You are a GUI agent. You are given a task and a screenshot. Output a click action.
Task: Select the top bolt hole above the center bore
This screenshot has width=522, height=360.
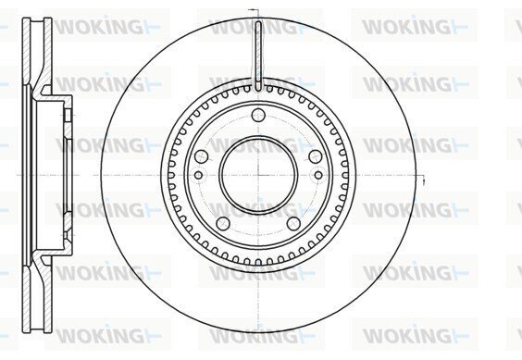[258, 116]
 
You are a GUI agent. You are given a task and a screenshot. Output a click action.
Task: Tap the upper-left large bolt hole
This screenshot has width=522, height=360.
[202, 156]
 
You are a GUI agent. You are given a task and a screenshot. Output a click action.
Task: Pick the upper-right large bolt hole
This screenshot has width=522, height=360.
[316, 156]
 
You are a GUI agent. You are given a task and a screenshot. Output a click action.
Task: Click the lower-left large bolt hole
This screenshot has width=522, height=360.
[223, 223]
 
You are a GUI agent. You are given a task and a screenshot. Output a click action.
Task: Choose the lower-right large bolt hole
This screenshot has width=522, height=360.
[293, 223]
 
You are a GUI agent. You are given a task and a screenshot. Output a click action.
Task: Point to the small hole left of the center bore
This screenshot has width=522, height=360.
[198, 175]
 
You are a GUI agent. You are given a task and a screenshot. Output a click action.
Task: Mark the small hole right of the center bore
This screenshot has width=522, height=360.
[318, 175]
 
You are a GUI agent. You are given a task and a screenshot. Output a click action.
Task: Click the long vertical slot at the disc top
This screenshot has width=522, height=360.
[258, 56]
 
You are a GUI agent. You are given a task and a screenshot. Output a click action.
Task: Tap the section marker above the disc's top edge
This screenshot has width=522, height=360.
[255, 11]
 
